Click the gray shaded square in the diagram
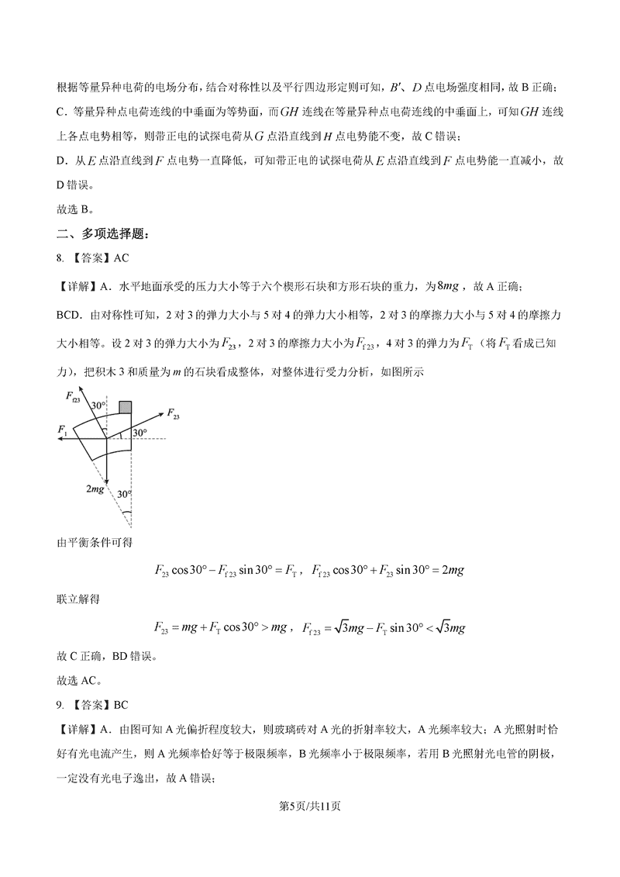tap(125, 408)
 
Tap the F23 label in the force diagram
tap(172, 416)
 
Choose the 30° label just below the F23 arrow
tap(139, 432)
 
